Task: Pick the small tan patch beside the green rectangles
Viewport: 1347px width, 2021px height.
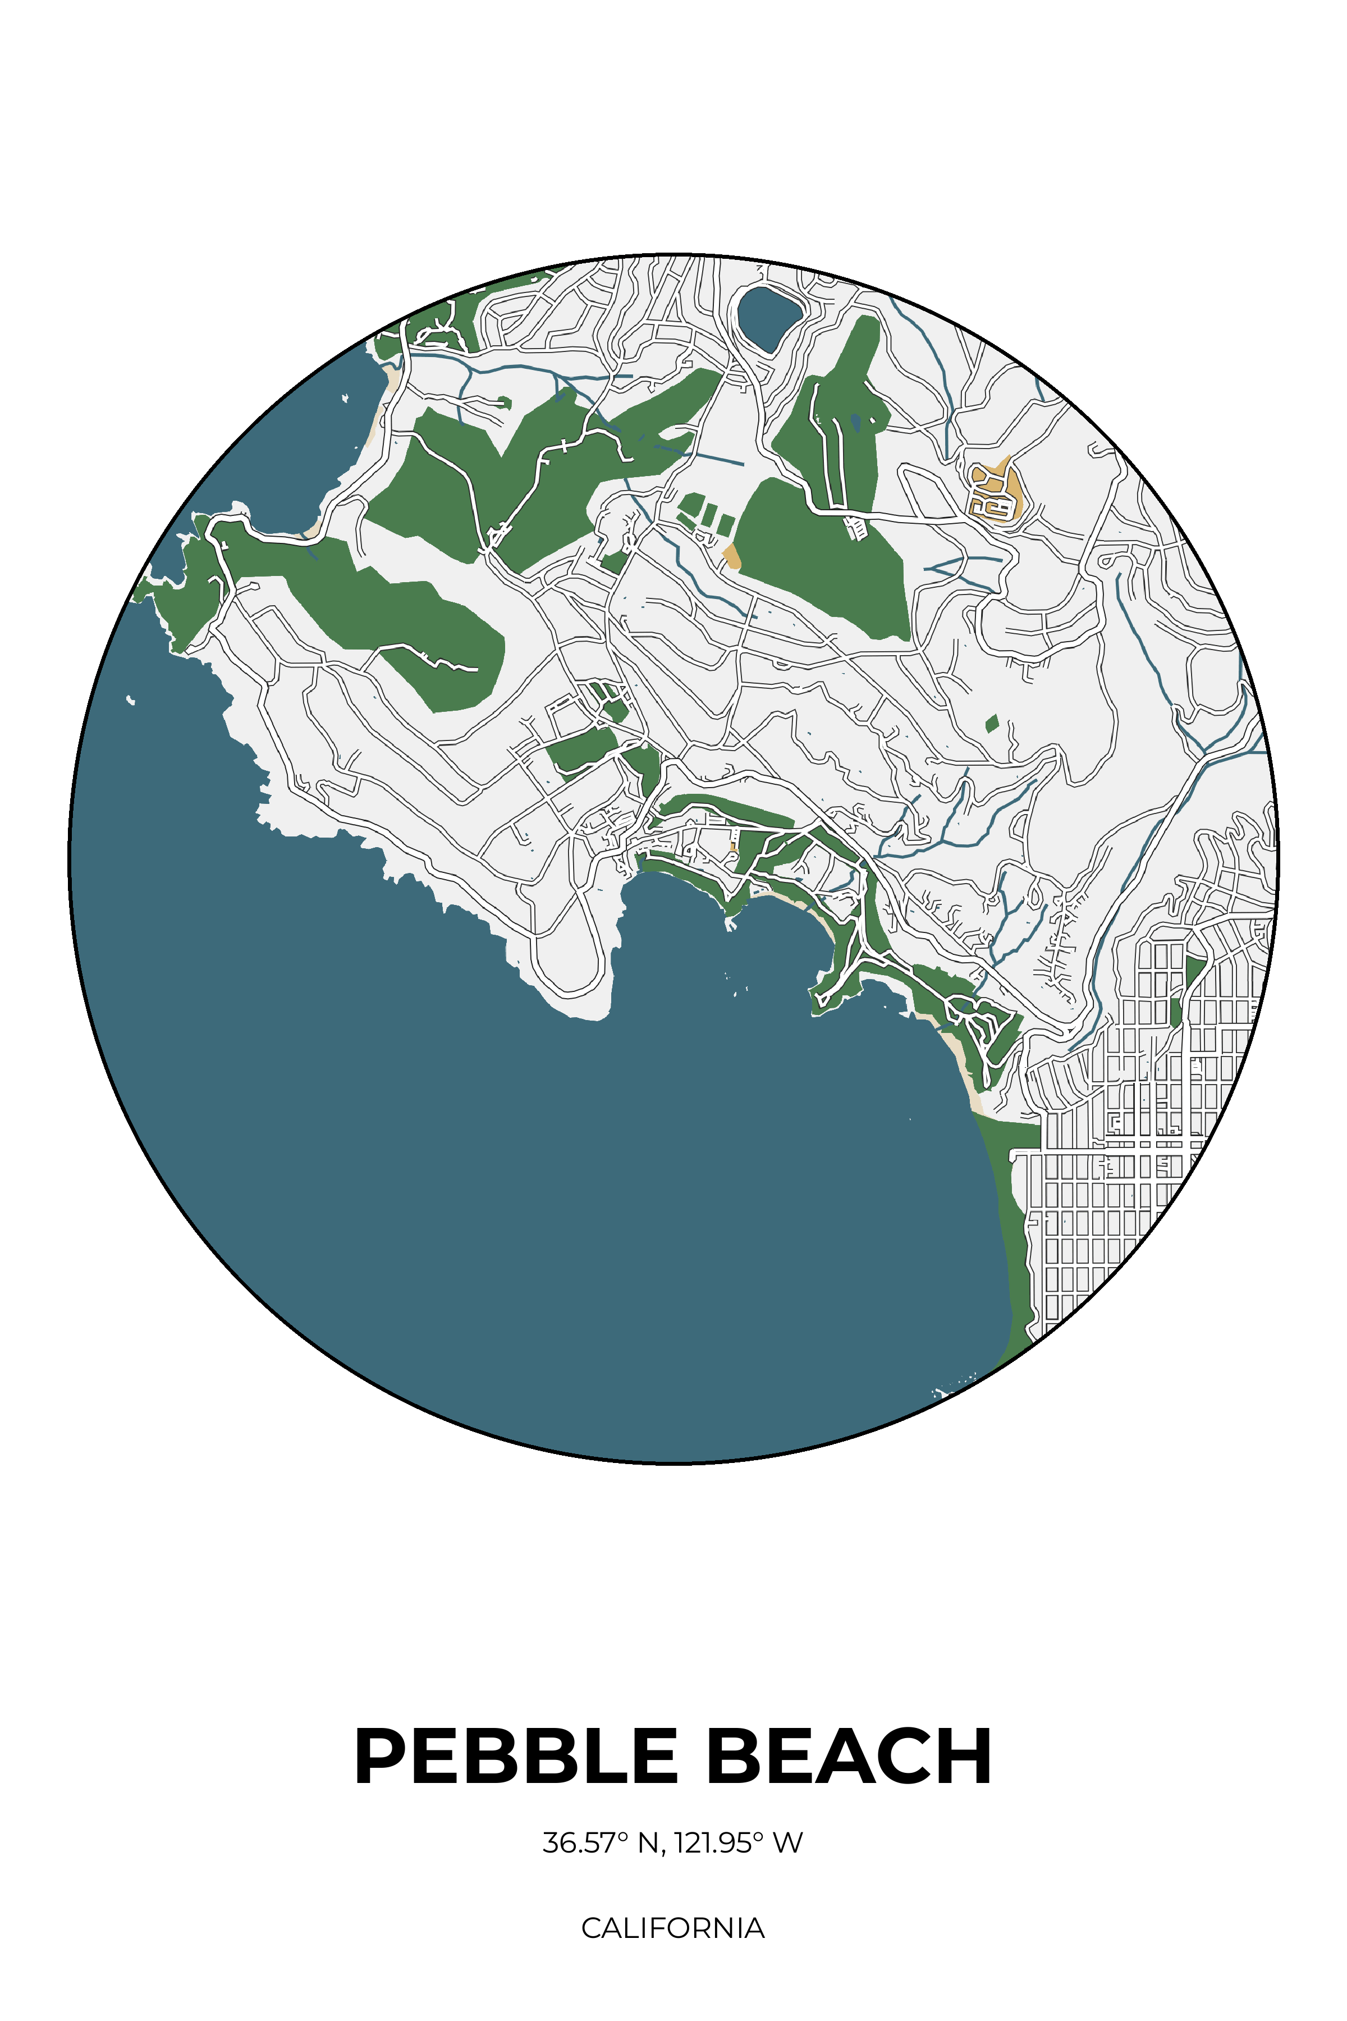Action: pyautogui.click(x=731, y=556)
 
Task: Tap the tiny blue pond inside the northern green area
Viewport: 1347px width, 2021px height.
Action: pyautogui.click(x=855, y=421)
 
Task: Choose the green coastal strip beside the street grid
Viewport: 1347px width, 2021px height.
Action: pyautogui.click(x=1014, y=1220)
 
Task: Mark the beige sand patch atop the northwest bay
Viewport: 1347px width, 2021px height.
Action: pyautogui.click(x=392, y=378)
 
